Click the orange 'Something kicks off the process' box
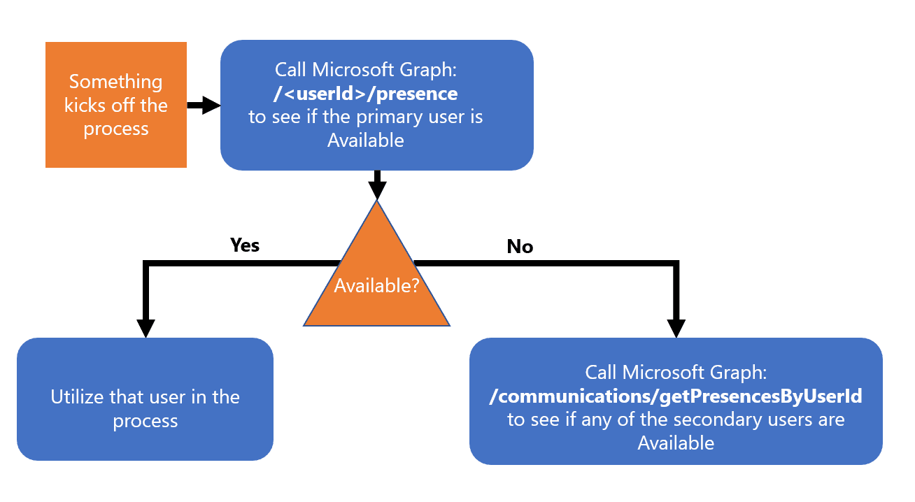[115, 105]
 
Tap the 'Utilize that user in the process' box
[145, 408]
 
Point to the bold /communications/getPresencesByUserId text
[676, 396]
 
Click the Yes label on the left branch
[245, 245]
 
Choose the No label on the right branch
[520, 247]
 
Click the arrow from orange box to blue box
[203, 106]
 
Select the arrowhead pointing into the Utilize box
[146, 328]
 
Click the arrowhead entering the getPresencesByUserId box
[676, 328]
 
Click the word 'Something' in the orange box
[115, 82]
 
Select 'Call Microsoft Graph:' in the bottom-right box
[676, 373]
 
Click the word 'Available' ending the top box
[366, 141]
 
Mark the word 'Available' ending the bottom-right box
[676, 443]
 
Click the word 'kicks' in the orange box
[85, 106]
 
